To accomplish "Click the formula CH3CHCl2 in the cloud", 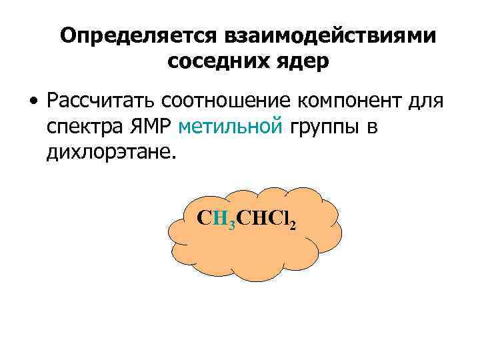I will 247,219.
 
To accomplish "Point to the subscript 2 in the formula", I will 292,224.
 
